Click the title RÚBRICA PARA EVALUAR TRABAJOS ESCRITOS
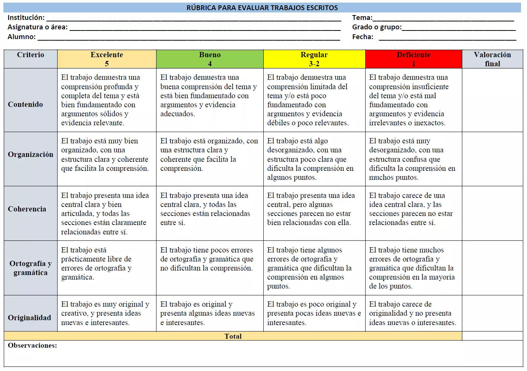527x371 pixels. tap(262, 8)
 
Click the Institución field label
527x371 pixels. tap(26, 18)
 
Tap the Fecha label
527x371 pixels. tap(363, 37)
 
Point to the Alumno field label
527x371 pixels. tap(21, 37)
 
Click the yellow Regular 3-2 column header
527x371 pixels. tap(314, 59)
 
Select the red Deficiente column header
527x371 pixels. tap(413, 59)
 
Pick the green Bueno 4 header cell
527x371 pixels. tap(210, 59)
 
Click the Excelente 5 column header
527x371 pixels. tap(107, 59)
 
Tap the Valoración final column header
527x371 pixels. tap(492, 59)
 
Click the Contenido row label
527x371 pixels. tap(26, 104)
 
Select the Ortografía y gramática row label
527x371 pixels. tap(30, 268)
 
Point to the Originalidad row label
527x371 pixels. tap(29, 318)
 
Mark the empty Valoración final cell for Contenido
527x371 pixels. tap(492, 100)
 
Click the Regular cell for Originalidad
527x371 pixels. tap(314, 313)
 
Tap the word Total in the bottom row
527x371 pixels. tap(233, 336)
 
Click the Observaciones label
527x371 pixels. tap(32, 345)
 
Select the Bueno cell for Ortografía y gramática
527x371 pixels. tap(210, 259)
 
